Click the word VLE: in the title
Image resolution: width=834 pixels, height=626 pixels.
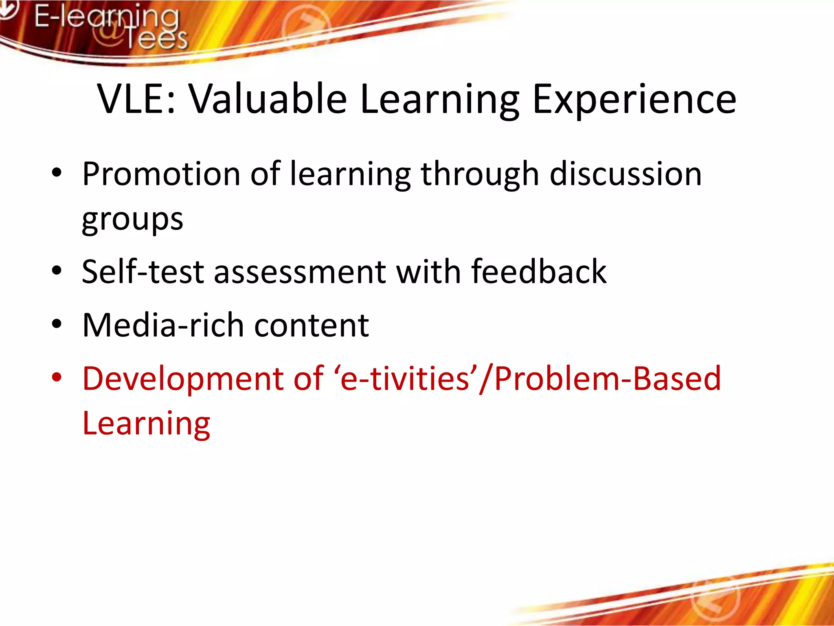(x=137, y=99)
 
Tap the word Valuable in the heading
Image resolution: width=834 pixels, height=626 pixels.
(x=268, y=99)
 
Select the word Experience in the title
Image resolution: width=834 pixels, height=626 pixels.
(x=634, y=99)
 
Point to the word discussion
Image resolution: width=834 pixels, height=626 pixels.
(x=625, y=174)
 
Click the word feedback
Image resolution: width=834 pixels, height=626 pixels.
(x=538, y=272)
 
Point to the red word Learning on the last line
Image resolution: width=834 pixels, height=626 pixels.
(x=146, y=424)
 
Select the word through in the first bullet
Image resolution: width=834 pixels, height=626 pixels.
(x=480, y=174)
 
